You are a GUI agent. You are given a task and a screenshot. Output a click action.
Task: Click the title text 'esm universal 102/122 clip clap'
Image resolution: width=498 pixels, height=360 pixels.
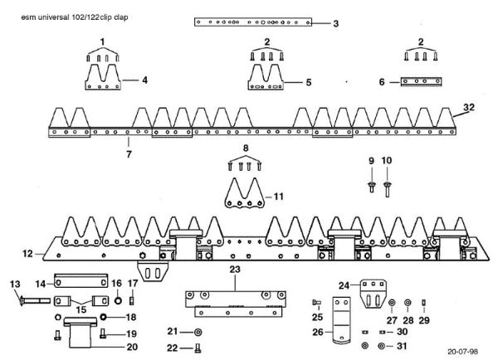[x=75, y=17]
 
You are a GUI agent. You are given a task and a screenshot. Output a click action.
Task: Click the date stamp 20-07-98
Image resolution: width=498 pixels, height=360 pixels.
[x=463, y=352]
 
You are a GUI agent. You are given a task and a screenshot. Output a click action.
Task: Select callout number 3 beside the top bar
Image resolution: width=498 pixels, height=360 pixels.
[x=335, y=23]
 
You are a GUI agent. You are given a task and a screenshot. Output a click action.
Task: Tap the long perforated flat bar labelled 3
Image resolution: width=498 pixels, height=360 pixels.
[x=253, y=22]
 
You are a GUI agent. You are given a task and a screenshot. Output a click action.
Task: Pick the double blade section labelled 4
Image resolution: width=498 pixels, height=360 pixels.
[x=103, y=77]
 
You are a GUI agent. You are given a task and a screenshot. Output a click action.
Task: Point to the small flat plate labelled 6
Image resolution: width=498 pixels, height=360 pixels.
[x=421, y=81]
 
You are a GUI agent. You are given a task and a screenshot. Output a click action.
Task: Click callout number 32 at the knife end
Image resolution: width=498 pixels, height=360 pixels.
[x=469, y=107]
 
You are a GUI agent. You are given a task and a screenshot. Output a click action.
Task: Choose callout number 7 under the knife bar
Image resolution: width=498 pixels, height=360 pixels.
[x=129, y=154]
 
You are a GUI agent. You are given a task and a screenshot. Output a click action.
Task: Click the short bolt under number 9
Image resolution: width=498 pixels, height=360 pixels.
[x=372, y=187]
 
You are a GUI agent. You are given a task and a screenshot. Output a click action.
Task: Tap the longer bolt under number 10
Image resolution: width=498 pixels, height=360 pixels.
[x=387, y=189]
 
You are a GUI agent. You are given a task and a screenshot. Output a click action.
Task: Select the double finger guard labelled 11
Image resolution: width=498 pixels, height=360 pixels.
[x=245, y=192]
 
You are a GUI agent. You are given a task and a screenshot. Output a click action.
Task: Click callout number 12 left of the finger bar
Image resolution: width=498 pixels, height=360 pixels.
[x=27, y=254]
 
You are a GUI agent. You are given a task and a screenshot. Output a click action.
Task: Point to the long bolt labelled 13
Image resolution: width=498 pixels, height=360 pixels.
[x=35, y=300]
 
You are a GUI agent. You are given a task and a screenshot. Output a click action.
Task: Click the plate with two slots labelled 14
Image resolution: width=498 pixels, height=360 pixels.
[x=81, y=281]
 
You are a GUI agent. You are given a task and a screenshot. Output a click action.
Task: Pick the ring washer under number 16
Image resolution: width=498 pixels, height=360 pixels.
[x=117, y=300]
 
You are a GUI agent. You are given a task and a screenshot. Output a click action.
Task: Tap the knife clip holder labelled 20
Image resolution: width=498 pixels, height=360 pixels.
[x=80, y=332]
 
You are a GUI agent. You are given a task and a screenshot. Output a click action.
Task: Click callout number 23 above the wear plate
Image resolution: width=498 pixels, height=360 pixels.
[x=235, y=270]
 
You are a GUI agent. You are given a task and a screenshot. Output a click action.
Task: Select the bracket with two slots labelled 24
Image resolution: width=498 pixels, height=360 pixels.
[x=373, y=294]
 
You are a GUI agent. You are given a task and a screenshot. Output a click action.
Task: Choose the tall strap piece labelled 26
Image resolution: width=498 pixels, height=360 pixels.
[x=341, y=320]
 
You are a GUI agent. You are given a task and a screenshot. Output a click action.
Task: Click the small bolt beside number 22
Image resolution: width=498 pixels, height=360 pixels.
[x=198, y=348]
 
